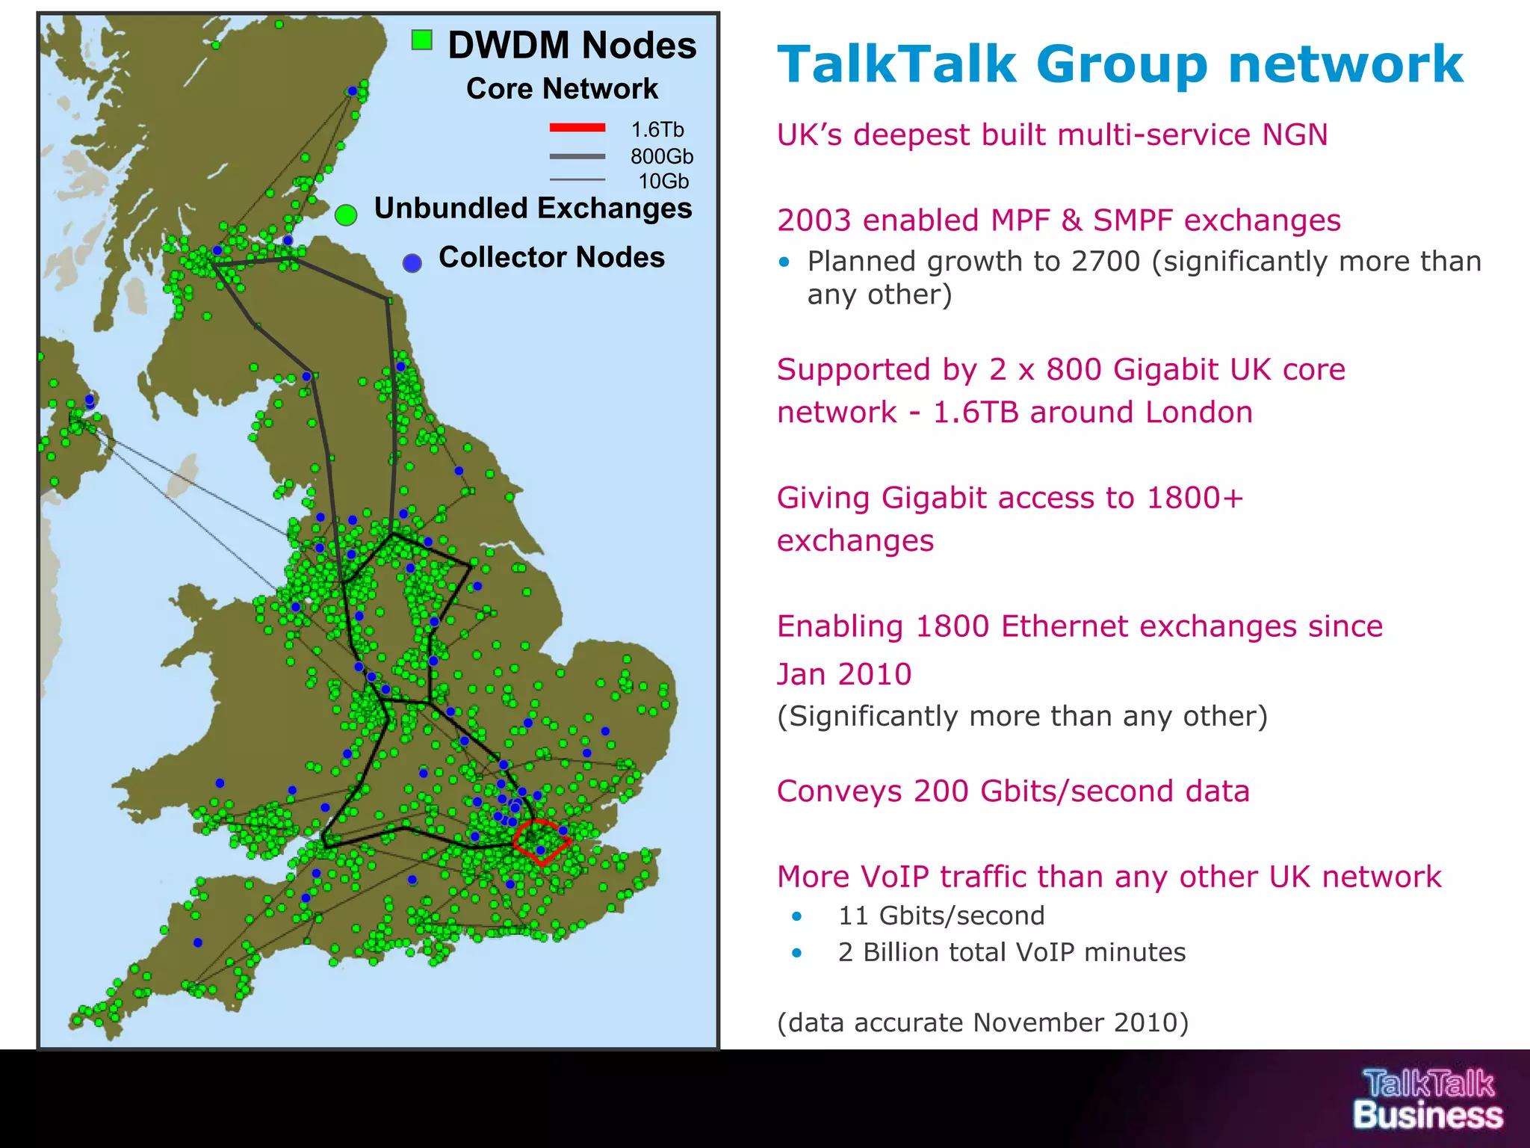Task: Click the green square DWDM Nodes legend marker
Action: point(422,40)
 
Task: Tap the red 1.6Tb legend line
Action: point(577,128)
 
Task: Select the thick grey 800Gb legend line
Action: point(577,156)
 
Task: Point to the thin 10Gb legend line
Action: point(577,179)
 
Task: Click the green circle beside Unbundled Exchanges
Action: point(346,215)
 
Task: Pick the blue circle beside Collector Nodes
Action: point(412,262)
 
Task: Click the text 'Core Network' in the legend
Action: point(562,89)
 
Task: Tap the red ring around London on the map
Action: point(542,842)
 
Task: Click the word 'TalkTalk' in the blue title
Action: point(896,64)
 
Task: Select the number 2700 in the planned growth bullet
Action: point(1109,262)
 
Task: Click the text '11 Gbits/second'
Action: point(941,916)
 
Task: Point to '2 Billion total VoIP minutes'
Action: point(1012,952)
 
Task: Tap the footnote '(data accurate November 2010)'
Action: point(982,1022)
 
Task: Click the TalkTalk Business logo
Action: point(1428,1099)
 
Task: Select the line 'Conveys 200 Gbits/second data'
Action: point(1013,791)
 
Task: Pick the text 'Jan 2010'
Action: point(844,674)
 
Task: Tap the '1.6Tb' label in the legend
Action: point(657,130)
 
